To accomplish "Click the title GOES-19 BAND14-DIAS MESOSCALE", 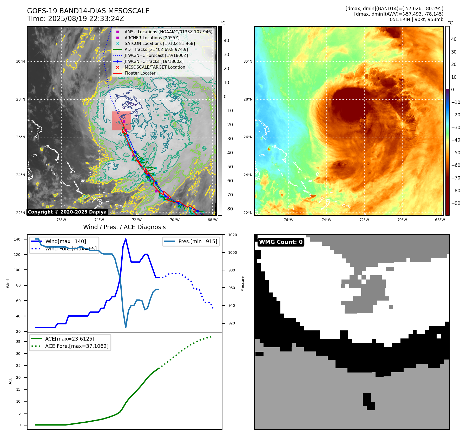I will pyautogui.click(x=88, y=11).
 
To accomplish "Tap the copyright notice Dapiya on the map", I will pyautogui.click(x=67, y=212).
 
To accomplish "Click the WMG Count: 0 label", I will pyautogui.click(x=281, y=242).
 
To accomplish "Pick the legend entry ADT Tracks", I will pyautogui.click(x=156, y=49).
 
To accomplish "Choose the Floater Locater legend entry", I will pyautogui.click(x=140, y=73).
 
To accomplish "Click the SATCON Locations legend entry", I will pyautogui.click(x=160, y=43).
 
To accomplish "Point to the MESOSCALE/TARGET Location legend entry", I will pyautogui.click(x=155, y=67).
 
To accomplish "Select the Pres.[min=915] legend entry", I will pyautogui.click(x=198, y=241).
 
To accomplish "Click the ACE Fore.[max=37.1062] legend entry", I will pyautogui.click(x=77, y=346).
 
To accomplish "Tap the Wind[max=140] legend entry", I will pyautogui.click(x=65, y=241).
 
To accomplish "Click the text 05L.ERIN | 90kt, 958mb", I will pyautogui.click(x=416, y=19).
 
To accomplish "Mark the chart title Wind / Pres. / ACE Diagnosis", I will pyautogui.click(x=124, y=227).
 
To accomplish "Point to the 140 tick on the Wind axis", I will pyautogui.click(x=17, y=239).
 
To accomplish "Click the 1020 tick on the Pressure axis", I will pyautogui.click(x=232, y=235).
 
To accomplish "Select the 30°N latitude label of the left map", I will pyautogui.click(x=21, y=62).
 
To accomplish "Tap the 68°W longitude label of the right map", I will pyautogui.click(x=440, y=220).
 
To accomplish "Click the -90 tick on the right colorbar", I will pyautogui.click(x=456, y=203).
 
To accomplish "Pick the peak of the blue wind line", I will pyautogui.click(x=126, y=239).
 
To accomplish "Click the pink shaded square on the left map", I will pyautogui.click(x=121, y=121).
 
